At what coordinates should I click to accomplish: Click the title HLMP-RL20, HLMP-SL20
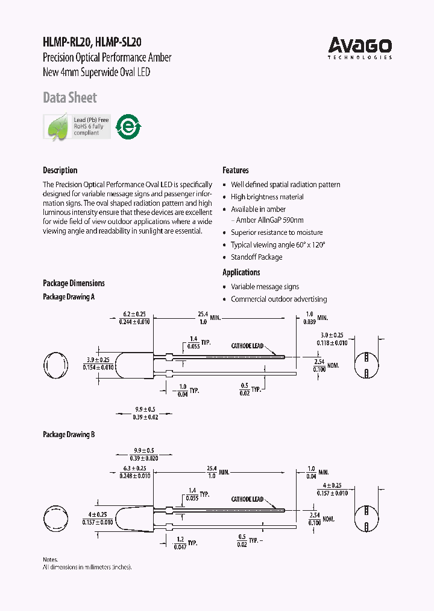[x=92, y=43]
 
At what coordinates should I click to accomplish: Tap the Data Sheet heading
[x=70, y=98]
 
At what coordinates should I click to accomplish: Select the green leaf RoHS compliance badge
[x=77, y=127]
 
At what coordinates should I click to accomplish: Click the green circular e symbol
[x=128, y=127]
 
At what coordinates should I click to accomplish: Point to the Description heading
[x=60, y=170]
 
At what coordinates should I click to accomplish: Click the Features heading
[x=236, y=170]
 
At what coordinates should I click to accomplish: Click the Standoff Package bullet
[x=256, y=257]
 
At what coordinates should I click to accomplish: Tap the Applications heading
[x=242, y=272]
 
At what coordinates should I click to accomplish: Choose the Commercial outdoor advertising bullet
[x=278, y=299]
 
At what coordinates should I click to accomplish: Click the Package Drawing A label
[x=69, y=297]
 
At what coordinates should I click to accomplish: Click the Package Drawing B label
[x=69, y=435]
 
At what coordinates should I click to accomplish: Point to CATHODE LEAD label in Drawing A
[x=248, y=347]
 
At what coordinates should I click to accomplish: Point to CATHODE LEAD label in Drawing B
[x=248, y=500]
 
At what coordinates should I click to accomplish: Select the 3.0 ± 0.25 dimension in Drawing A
[x=332, y=334]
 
